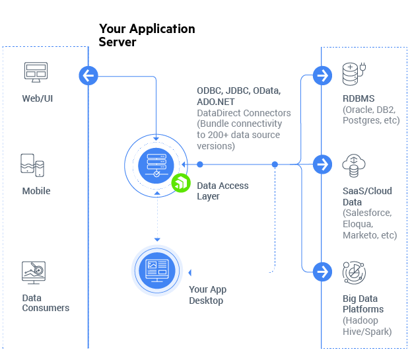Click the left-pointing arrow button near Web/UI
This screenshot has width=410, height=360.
click(x=88, y=75)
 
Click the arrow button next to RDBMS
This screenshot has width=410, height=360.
click(x=322, y=75)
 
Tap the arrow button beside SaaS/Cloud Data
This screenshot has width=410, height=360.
click(x=322, y=163)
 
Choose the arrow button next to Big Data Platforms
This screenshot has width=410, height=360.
click(x=322, y=271)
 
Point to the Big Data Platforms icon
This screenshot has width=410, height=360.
click(x=354, y=272)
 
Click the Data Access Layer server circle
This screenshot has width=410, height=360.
click(x=155, y=163)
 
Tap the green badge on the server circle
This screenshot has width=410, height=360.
click(x=181, y=183)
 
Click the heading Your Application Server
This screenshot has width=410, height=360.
click(x=147, y=35)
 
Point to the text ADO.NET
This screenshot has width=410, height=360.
click(x=215, y=102)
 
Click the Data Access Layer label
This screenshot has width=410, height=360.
click(x=222, y=191)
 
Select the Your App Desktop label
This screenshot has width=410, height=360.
click(x=207, y=295)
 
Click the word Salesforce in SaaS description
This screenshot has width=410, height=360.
click(x=367, y=213)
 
